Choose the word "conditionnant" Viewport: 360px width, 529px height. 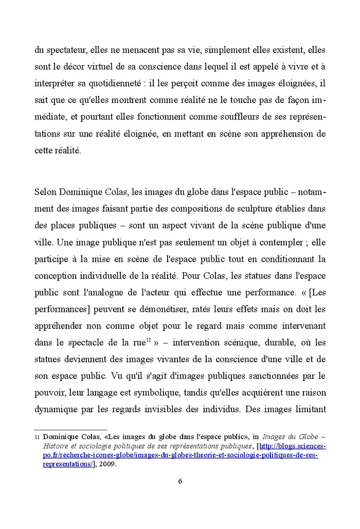283,259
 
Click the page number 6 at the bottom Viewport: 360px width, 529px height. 180,481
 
